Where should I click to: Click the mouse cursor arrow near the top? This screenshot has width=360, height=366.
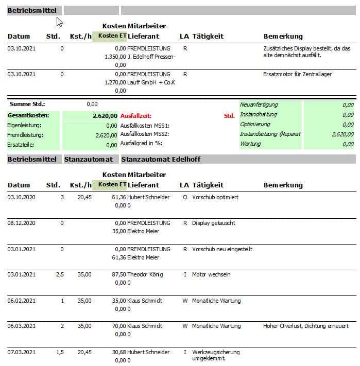tap(59, 22)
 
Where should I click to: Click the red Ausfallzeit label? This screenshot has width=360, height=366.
tap(135, 116)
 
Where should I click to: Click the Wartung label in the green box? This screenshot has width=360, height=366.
tap(251, 144)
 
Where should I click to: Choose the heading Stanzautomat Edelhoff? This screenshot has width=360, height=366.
tap(161, 160)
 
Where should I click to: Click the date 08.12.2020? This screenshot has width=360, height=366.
tap(22, 223)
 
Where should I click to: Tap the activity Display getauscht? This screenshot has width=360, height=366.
tap(214, 223)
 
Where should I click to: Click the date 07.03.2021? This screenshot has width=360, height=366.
tap(22, 352)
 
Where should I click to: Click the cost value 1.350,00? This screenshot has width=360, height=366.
tap(115, 57)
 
